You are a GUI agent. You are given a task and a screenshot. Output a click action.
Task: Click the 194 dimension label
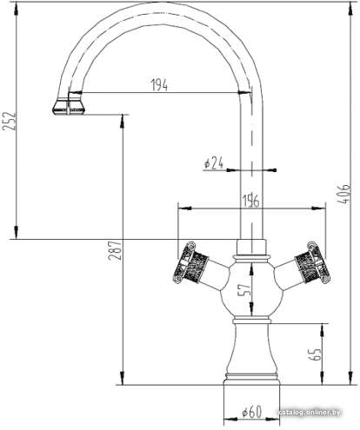pyautogui.click(x=159, y=85)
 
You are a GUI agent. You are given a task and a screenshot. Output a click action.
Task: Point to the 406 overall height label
pyautogui.click(x=344, y=194)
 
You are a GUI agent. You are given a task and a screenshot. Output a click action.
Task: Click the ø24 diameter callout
pyautogui.click(x=214, y=163)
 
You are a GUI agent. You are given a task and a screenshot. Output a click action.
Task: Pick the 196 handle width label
pyautogui.click(x=251, y=201)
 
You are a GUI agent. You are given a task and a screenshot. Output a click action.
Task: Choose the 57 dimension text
pyautogui.click(x=244, y=289)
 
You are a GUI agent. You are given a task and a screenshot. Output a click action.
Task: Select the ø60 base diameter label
pyautogui.click(x=252, y=413)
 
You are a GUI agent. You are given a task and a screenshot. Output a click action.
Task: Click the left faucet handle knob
pyautogui.click(x=190, y=263)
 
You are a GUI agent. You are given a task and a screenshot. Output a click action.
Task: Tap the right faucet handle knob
pyautogui.click(x=312, y=262)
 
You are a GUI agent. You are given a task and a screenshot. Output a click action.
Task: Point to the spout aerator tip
pyautogui.click(x=69, y=107)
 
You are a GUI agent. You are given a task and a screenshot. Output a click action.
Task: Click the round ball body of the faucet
pyautogui.click(x=251, y=289)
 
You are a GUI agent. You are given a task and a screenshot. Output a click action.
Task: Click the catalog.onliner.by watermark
pyautogui.click(x=310, y=413)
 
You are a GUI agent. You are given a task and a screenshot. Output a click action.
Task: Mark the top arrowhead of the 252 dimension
pyautogui.click(x=17, y=8)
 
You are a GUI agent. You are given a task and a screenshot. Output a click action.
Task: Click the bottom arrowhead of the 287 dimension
pyautogui.click(x=123, y=379)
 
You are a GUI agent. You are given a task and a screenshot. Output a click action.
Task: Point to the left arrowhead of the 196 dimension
pyautogui.click(x=183, y=208)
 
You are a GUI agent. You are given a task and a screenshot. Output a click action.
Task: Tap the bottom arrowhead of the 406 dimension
pyautogui.click(x=350, y=379)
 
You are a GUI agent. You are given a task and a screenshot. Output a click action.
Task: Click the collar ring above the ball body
pyautogui.click(x=251, y=257)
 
